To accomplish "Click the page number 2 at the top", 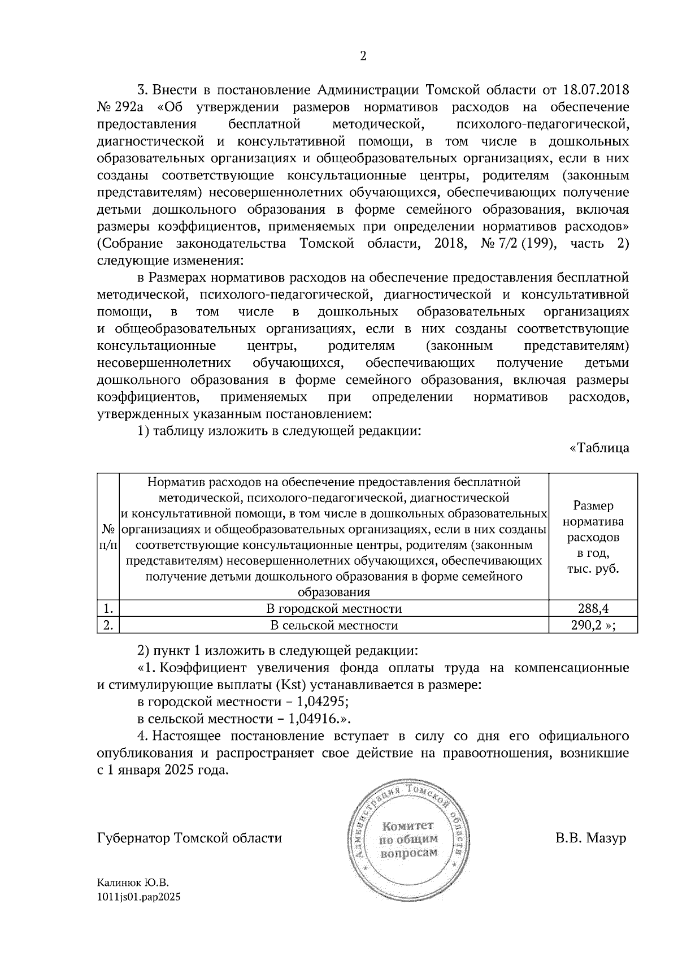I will [x=363, y=56].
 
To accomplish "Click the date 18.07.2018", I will [x=596, y=90].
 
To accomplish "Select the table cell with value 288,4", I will [x=593, y=608].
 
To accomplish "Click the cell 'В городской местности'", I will [x=334, y=608].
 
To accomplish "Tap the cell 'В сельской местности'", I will [x=334, y=625].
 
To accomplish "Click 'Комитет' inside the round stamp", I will [x=408, y=825].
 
